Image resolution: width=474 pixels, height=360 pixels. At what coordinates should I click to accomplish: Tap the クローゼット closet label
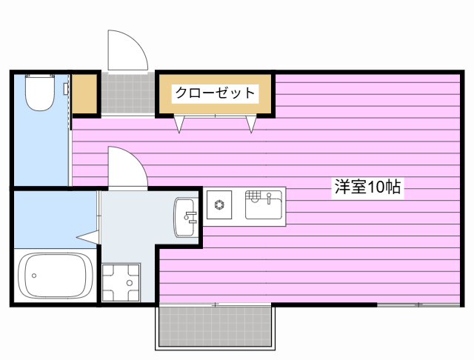(215, 93)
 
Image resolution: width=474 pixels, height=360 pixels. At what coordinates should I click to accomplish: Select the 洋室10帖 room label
(367, 187)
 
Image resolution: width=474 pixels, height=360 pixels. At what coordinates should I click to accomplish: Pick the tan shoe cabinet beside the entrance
(86, 94)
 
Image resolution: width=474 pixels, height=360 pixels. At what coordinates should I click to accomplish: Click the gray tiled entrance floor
(127, 94)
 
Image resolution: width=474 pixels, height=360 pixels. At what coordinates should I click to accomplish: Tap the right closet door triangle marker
(251, 124)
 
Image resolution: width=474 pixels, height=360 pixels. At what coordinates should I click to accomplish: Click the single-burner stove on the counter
(220, 204)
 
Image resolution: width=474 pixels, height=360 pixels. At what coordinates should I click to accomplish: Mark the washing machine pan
(119, 282)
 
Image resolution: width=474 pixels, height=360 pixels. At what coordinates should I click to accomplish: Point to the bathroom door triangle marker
(88, 236)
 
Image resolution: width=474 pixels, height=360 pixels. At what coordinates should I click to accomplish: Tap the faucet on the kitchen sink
(270, 198)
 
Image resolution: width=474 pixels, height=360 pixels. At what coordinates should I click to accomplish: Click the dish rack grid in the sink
(254, 196)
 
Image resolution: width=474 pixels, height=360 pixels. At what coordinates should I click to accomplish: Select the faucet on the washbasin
(190, 217)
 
